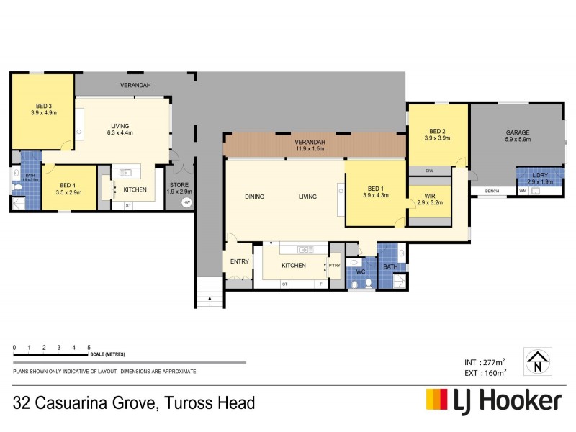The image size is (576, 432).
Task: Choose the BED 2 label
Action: point(437,131)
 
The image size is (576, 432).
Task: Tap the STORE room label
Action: point(180,185)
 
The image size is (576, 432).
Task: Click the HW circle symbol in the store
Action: point(186,202)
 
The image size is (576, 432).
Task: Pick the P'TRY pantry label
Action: point(334,266)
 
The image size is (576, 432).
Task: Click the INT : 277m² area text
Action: point(484,361)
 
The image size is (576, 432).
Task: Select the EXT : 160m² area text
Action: point(484,372)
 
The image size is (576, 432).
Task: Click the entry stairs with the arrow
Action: point(209,292)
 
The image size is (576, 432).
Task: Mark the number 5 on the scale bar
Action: point(89,348)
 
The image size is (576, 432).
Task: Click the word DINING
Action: point(255,197)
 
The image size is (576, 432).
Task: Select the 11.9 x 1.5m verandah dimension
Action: point(310,149)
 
